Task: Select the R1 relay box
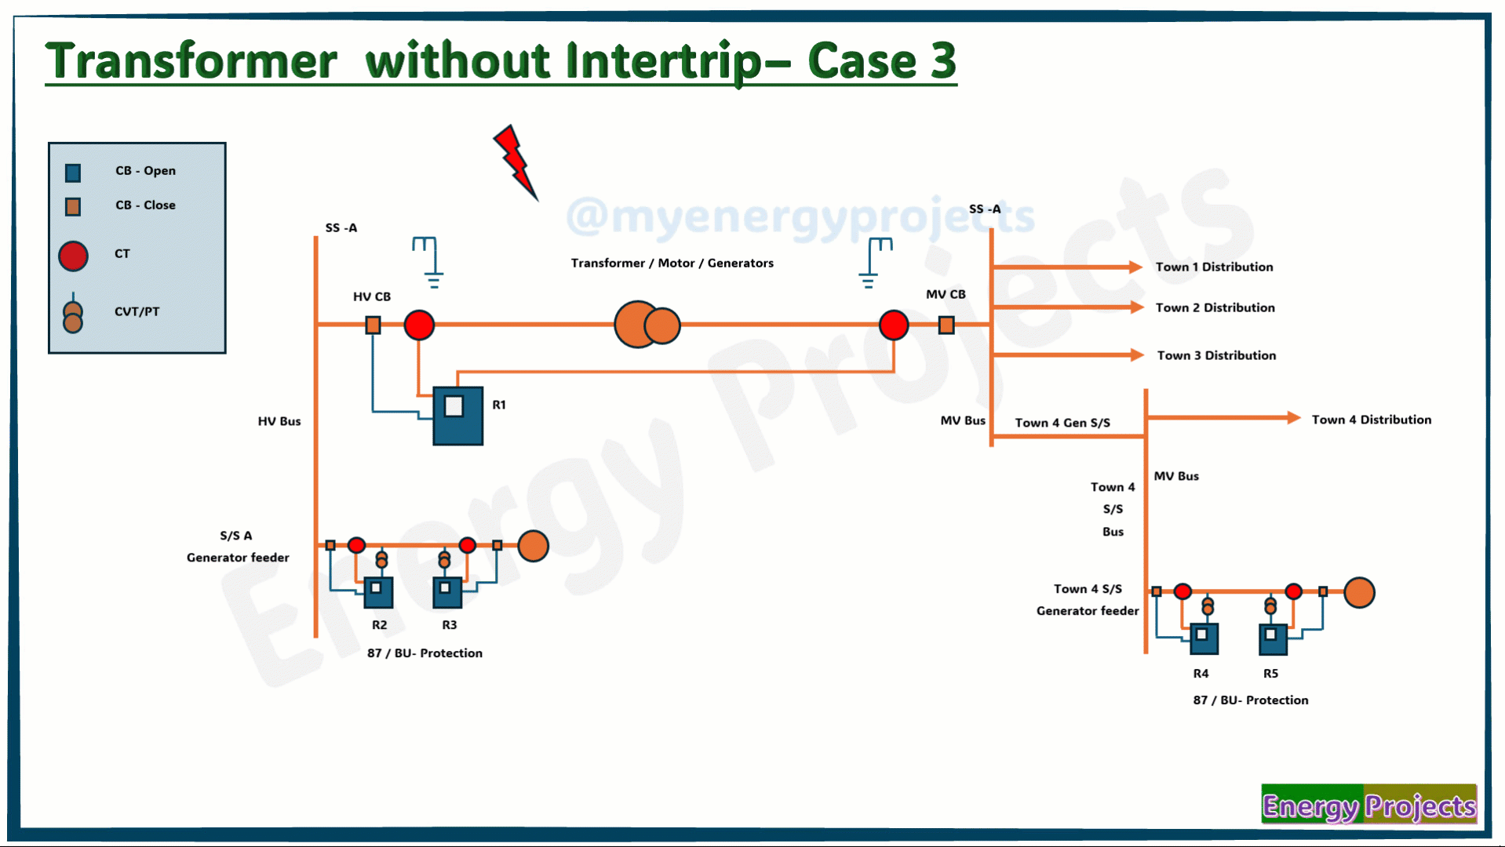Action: pyautogui.click(x=458, y=416)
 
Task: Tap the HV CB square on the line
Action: pyautogui.click(x=374, y=325)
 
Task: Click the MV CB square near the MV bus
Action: pyautogui.click(x=946, y=325)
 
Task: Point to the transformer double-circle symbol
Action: pyautogui.click(x=647, y=325)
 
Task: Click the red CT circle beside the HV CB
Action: pyautogui.click(x=419, y=325)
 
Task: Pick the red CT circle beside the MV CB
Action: pyautogui.click(x=894, y=325)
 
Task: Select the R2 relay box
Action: pyautogui.click(x=378, y=592)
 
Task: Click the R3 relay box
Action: pyautogui.click(x=447, y=592)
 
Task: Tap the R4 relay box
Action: pyautogui.click(x=1204, y=639)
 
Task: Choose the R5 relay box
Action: pyautogui.click(x=1273, y=639)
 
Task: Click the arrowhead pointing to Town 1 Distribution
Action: pyautogui.click(x=1135, y=267)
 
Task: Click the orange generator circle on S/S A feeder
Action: pyautogui.click(x=534, y=546)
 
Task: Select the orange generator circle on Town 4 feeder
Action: pyautogui.click(x=1359, y=593)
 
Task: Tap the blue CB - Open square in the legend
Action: pyautogui.click(x=73, y=173)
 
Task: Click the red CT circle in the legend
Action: pyautogui.click(x=73, y=256)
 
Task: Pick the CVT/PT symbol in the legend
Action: pyautogui.click(x=73, y=314)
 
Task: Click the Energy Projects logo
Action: pyautogui.click(x=1369, y=805)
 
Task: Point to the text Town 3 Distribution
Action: pyautogui.click(x=1216, y=355)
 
